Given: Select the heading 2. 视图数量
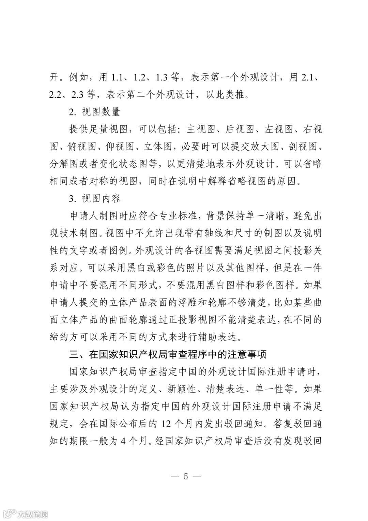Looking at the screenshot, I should click(x=94, y=112).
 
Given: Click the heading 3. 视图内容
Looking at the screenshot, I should click(x=94, y=198).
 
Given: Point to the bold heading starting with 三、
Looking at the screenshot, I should click(x=168, y=354).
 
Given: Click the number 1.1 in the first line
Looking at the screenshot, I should click(x=118, y=77).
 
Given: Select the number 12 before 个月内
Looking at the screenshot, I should click(x=167, y=424).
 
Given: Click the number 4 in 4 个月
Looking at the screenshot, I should click(x=124, y=441).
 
